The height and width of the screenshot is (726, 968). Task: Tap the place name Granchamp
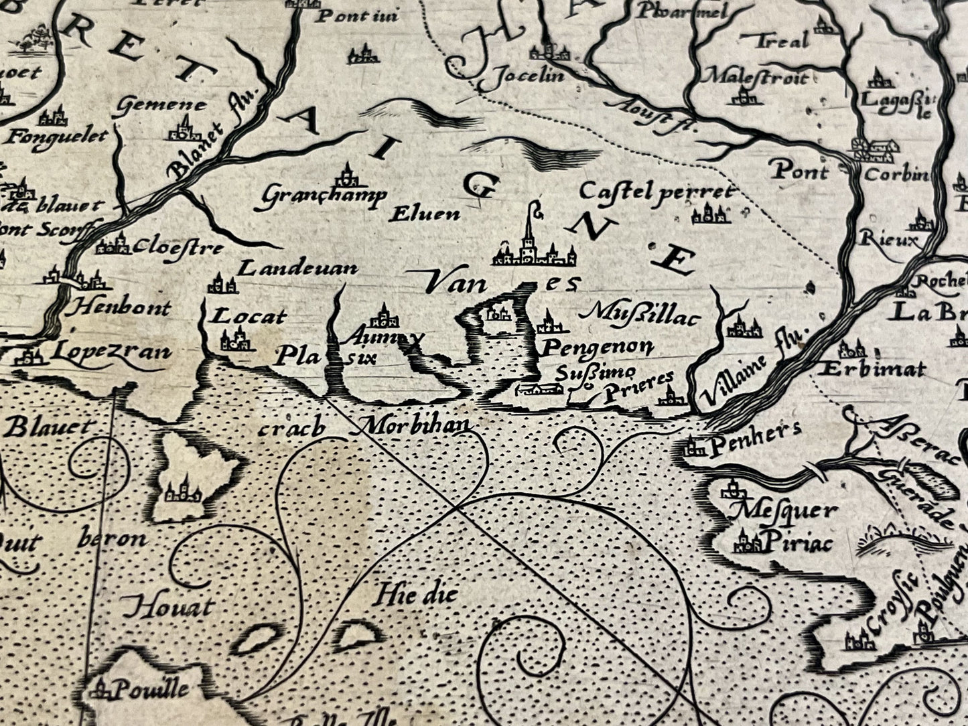[x=324, y=196]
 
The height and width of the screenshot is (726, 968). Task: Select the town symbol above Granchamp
[x=347, y=176]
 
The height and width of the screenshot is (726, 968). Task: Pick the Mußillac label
[x=641, y=313]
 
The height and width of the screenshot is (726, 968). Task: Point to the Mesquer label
[x=784, y=512]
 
